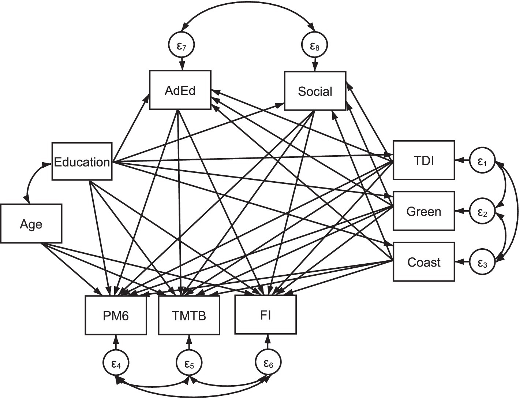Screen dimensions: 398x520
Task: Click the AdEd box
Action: (x=180, y=90)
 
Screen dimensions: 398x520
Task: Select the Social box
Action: (x=315, y=91)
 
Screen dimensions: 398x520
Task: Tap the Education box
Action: (x=82, y=161)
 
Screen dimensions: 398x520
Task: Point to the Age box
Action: (x=31, y=224)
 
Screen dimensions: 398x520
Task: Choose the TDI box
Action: (x=424, y=160)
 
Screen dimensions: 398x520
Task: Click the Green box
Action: (x=424, y=211)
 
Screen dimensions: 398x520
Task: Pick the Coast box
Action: (x=424, y=262)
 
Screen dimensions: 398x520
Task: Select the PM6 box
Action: (x=116, y=315)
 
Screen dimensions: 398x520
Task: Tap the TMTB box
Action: (x=189, y=315)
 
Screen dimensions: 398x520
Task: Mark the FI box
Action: (x=265, y=315)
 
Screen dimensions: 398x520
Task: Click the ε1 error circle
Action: (x=483, y=160)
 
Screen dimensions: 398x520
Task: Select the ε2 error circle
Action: (x=483, y=211)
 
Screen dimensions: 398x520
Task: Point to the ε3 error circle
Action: (x=483, y=262)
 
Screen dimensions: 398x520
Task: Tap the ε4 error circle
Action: (x=116, y=363)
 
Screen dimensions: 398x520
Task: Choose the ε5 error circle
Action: (x=189, y=363)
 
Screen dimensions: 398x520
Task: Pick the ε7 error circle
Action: (x=181, y=45)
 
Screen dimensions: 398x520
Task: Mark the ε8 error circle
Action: (x=314, y=45)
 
